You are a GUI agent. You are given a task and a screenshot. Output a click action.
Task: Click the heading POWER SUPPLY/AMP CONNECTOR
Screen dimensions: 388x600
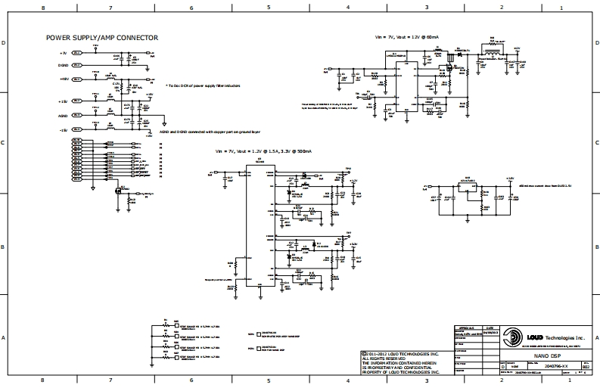(x=102, y=37)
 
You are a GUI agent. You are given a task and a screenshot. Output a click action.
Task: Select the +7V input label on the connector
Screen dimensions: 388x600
(x=64, y=54)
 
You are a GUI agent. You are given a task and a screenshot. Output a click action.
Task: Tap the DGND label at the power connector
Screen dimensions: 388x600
(x=64, y=66)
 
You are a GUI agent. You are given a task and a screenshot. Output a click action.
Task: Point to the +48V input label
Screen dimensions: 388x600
(x=64, y=79)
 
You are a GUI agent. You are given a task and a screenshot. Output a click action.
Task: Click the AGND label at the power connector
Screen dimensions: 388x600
(x=64, y=116)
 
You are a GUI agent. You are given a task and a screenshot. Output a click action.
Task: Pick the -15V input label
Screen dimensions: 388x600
(x=64, y=130)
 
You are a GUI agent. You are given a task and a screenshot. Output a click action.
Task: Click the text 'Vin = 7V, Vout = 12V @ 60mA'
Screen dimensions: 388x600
(x=408, y=36)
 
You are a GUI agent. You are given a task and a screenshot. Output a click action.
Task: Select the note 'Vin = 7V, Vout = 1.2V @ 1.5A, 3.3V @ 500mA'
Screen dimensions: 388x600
(x=263, y=151)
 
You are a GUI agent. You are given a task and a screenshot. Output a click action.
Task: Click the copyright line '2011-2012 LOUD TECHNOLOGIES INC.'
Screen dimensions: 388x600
(x=401, y=353)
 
